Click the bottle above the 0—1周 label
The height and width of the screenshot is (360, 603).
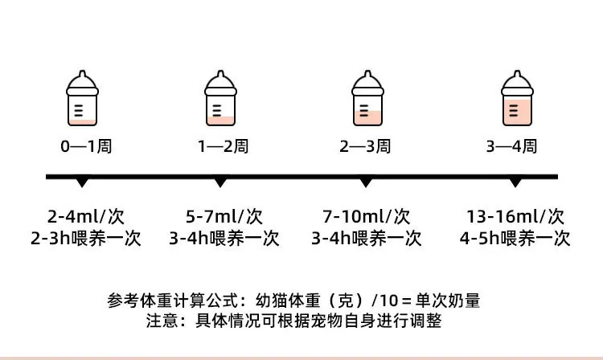(82, 98)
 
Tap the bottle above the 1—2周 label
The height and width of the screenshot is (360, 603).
(220, 98)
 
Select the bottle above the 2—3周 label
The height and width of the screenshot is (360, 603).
(367, 98)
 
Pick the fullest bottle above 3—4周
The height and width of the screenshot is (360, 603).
(517, 98)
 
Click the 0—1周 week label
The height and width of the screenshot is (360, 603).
(86, 146)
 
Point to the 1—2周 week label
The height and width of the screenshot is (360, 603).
(224, 146)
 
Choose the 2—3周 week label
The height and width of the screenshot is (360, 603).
(365, 146)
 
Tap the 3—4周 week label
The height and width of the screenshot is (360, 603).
(511, 146)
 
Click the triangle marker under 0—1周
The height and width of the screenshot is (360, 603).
(82, 182)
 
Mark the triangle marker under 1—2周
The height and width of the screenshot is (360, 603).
(220, 182)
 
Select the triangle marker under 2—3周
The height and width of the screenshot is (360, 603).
(366, 182)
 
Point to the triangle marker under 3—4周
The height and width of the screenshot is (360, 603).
(515, 182)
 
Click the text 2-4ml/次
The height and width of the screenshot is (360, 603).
(86, 217)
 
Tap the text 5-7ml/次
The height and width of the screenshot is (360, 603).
(224, 217)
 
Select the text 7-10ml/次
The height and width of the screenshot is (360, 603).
(366, 217)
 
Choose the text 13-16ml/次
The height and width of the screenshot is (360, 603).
(515, 217)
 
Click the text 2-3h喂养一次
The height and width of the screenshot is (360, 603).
(86, 239)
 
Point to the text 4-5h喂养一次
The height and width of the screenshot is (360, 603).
(515, 239)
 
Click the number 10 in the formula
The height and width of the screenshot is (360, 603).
(389, 301)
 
